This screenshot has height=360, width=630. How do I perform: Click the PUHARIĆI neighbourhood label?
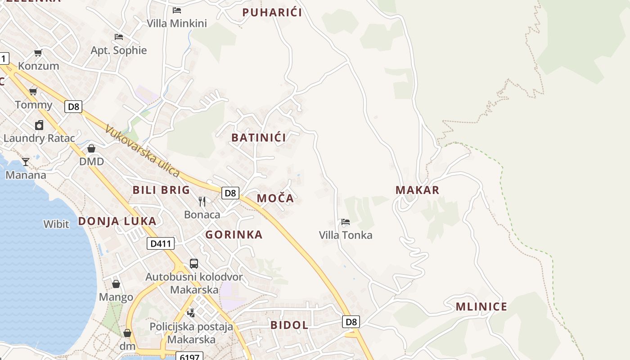[272, 13]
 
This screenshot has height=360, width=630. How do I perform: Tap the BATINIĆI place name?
[258, 138]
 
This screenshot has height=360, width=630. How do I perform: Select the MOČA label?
[275, 198]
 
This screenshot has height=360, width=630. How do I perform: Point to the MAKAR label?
[417, 190]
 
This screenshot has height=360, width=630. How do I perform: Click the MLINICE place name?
[481, 307]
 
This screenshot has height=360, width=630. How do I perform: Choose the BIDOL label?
[289, 325]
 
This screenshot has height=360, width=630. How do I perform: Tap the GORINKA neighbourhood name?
[234, 234]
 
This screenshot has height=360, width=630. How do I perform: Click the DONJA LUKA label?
[117, 221]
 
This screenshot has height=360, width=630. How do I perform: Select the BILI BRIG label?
[161, 190]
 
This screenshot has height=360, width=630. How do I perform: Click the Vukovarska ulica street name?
[143, 151]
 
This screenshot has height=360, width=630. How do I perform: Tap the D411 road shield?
[161, 244]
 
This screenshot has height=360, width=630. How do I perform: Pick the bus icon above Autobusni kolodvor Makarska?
[194, 264]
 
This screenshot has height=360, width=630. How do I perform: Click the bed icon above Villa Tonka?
[346, 222]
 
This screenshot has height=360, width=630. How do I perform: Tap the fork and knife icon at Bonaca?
[202, 201]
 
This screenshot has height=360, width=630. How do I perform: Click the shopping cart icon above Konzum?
[38, 53]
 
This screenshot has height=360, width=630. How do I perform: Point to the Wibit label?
[56, 224]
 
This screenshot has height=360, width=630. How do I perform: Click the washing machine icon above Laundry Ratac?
[39, 125]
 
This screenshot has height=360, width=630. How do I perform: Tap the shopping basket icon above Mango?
[116, 284]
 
